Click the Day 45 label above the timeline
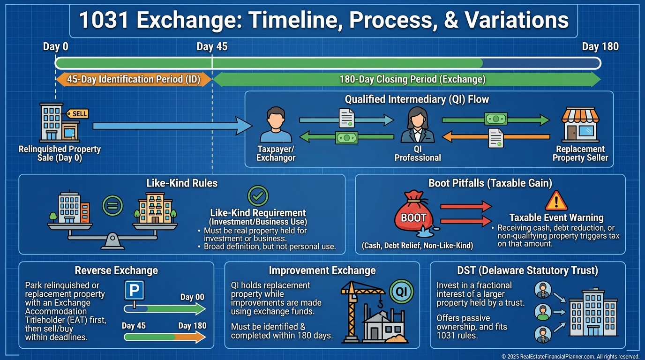tap(212, 47)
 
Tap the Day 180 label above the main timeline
tap(600, 47)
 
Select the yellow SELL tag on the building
tap(77, 114)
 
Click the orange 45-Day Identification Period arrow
tap(134, 80)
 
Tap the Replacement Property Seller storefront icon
tap(580, 124)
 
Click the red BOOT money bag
tap(414, 213)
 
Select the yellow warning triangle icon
tap(556, 201)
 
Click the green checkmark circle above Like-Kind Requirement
tap(258, 196)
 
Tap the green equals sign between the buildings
tap(112, 206)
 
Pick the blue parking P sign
tap(134, 290)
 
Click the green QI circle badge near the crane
tap(401, 292)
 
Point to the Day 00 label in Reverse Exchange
tap(192, 297)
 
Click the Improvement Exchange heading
tap(322, 271)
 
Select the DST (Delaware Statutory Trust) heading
tap(527, 271)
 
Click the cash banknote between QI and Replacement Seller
tap(496, 119)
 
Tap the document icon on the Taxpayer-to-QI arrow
tap(346, 118)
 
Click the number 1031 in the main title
tap(104, 20)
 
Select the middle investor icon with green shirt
tap(543, 312)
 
